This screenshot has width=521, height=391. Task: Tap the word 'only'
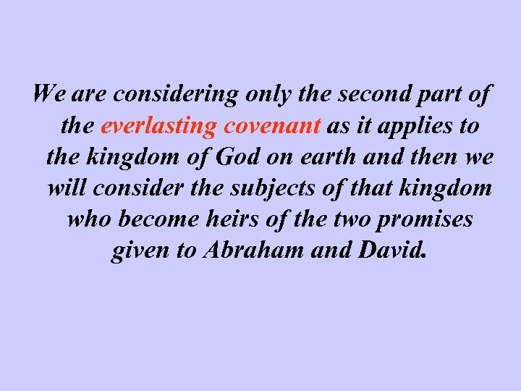[x=245, y=95]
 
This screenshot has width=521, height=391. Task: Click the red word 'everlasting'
[x=158, y=127]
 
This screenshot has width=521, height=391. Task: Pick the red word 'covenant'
[x=272, y=127]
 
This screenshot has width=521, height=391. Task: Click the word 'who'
[x=85, y=219]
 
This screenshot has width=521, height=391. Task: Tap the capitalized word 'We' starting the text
[x=47, y=95]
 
